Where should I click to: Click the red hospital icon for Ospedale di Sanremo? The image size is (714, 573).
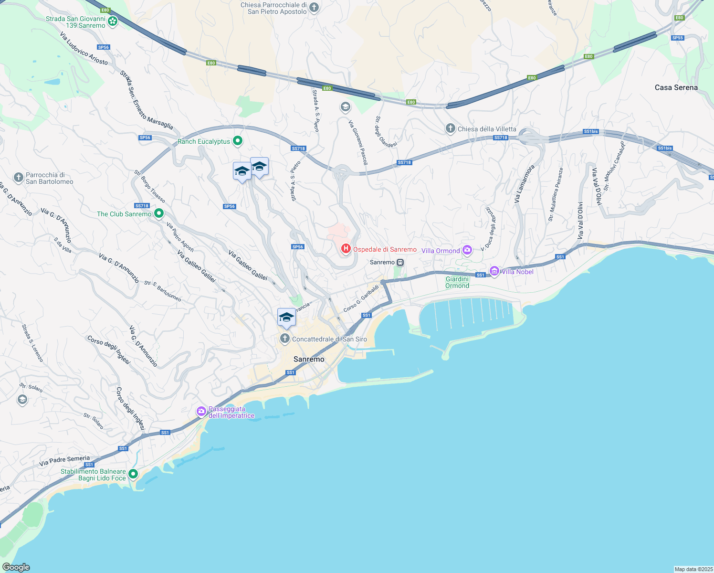tap(346, 249)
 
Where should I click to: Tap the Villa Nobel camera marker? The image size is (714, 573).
tap(494, 271)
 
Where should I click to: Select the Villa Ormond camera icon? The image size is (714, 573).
tap(467, 250)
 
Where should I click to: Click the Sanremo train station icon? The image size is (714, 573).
tap(400, 262)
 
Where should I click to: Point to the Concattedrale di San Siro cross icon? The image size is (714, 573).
tap(285, 339)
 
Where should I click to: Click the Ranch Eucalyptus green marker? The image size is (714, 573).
tap(238, 141)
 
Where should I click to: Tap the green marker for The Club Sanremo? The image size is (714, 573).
tap(159, 213)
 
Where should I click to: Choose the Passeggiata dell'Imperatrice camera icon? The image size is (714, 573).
tap(201, 411)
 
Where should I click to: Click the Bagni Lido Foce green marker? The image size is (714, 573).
tap(133, 474)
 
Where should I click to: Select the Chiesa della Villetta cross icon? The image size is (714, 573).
tap(450, 128)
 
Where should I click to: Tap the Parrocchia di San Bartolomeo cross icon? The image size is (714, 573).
tap(19, 178)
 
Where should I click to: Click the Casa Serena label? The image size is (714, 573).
tap(676, 87)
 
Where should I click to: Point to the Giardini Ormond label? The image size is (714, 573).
tap(457, 282)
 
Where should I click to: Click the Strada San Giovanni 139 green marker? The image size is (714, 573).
tap(113, 21)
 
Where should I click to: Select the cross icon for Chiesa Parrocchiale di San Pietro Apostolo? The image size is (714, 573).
tap(314, 7)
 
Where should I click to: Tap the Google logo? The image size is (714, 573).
tap(16, 567)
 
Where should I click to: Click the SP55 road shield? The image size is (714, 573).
tap(677, 38)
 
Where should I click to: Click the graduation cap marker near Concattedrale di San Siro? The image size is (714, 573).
tap(286, 317)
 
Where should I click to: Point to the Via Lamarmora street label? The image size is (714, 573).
tap(524, 184)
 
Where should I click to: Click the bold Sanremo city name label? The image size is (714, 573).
tap(309, 359)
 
